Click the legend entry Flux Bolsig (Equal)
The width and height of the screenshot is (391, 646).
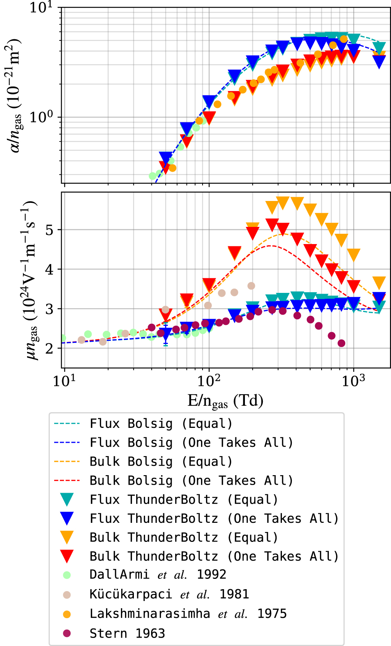click(x=161, y=424)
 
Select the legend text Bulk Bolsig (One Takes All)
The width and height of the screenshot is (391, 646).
click(x=191, y=480)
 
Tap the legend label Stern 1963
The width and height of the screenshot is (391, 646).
click(x=127, y=633)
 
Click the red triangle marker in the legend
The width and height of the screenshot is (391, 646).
click(x=67, y=556)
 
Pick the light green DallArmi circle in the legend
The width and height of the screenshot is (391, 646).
click(x=67, y=575)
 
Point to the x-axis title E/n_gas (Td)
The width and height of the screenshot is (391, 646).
click(x=225, y=401)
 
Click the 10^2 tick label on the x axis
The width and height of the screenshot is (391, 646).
click(x=209, y=380)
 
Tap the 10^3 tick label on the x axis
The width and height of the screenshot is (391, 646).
click(x=353, y=380)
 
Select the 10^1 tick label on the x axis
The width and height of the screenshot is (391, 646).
click(x=64, y=380)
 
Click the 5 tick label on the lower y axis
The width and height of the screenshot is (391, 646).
click(x=49, y=230)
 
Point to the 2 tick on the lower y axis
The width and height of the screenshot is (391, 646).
click(x=49, y=348)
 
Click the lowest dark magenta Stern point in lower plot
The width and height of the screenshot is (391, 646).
click(x=341, y=343)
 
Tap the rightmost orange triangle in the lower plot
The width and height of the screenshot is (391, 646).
click(x=379, y=283)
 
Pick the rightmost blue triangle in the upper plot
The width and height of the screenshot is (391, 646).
click(x=379, y=62)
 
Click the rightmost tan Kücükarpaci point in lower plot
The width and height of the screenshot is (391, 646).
click(x=251, y=286)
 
